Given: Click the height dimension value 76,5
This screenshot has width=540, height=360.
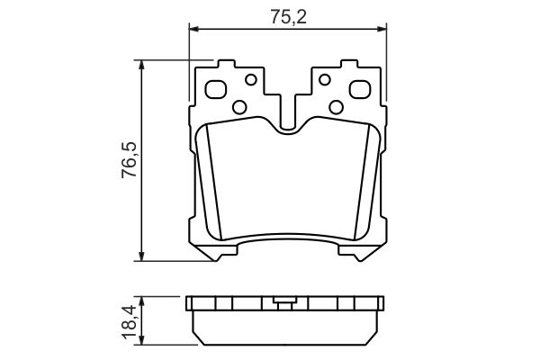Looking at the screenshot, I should tap(130, 159).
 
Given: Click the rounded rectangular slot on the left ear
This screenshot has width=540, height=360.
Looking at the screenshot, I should tap(217, 90).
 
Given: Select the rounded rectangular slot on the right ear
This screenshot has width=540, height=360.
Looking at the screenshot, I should tap(359, 90).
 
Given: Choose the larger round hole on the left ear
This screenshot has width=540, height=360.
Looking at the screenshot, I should tap(239, 107).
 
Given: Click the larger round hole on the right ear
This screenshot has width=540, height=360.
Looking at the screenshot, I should tap(337, 107).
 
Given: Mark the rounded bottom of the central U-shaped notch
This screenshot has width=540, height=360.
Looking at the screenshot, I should tap(288, 131).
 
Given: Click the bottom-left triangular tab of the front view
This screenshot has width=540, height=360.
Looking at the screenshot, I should tap(212, 256).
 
